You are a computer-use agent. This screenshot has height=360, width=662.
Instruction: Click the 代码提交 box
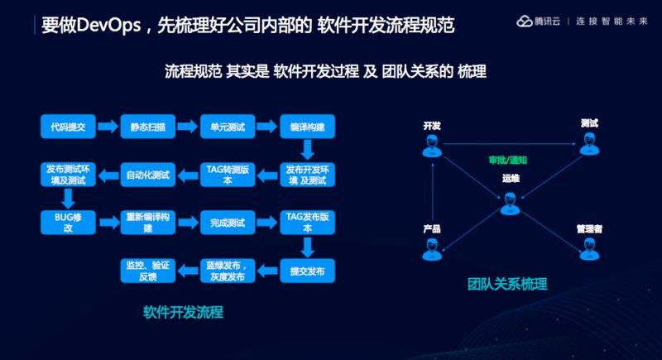pos(69,127)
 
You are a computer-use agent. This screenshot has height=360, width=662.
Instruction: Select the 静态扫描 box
pos(147,127)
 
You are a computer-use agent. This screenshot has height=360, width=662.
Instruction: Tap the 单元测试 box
pos(226,127)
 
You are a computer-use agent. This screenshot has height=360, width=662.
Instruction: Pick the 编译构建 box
pos(306,127)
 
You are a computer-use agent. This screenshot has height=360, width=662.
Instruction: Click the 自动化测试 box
pos(147,175)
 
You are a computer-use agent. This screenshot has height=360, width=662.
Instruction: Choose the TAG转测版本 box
pos(226,175)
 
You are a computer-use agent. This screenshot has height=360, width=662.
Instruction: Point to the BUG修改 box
pos(69,222)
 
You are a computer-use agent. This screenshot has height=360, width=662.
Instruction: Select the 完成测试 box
pos(226,222)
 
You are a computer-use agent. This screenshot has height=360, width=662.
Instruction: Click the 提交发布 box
pos(306,271)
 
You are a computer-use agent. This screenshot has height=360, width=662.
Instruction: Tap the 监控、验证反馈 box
pos(147,271)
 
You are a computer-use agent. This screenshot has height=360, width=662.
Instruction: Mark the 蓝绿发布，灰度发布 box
pos(226,271)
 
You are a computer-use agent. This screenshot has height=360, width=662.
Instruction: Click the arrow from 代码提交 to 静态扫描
pos(108,127)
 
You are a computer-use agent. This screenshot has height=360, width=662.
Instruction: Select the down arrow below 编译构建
pos(306,150)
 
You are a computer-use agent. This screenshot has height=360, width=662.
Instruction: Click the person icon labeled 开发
pos(431,146)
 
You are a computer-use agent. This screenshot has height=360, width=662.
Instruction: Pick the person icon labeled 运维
pos(510,201)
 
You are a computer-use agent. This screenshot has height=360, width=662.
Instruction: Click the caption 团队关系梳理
pos(506,285)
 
